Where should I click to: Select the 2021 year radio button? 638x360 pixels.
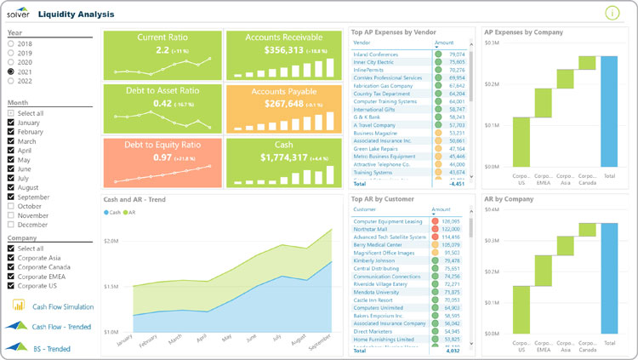coord(11,72)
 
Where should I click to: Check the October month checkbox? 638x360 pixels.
coord(11,206)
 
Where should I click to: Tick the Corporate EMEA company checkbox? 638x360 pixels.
coord(11,277)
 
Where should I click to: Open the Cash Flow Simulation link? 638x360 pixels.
coord(62,306)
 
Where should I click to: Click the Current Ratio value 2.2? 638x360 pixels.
coord(162,51)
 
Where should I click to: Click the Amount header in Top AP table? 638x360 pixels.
coord(444,42)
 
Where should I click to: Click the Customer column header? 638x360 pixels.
coord(364,209)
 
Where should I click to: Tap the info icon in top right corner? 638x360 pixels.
coord(612,13)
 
